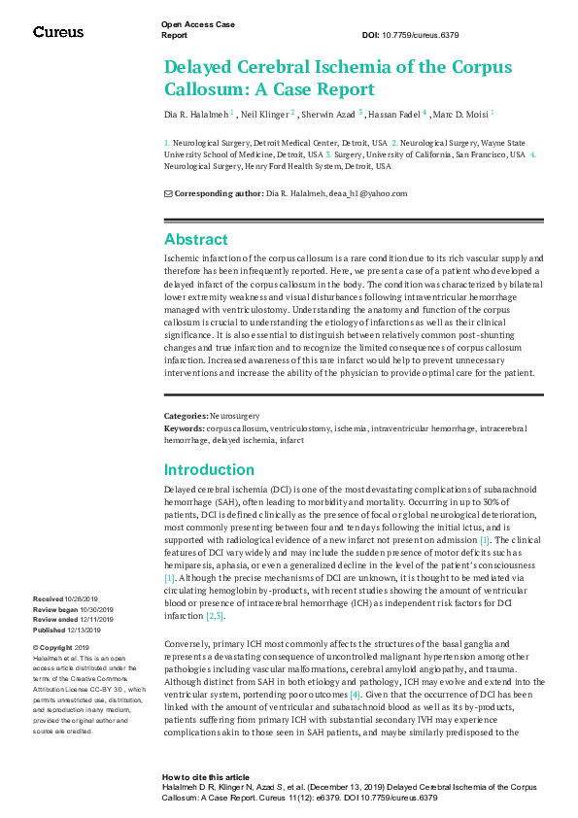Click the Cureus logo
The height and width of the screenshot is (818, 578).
(x=58, y=32)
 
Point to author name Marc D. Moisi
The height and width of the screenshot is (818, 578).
(x=460, y=114)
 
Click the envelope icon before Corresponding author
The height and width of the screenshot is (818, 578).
(x=167, y=193)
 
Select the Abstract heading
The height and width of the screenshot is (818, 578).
(x=196, y=239)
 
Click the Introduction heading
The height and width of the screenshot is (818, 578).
(x=209, y=469)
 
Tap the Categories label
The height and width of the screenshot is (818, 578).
(x=185, y=416)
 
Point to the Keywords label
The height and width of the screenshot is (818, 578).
(x=184, y=427)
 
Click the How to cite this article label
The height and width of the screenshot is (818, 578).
(x=206, y=777)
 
